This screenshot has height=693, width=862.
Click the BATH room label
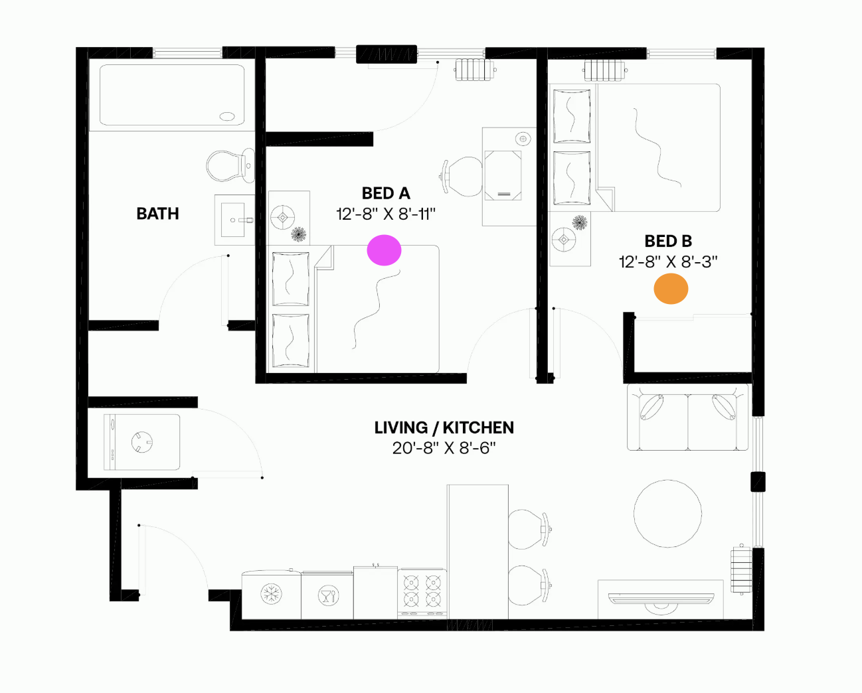[x=157, y=214]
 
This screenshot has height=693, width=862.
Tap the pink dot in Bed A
[x=384, y=250]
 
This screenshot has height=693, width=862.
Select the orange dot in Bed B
[x=671, y=289]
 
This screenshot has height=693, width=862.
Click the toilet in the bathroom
[x=230, y=165]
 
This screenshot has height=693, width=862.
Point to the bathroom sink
[x=233, y=220]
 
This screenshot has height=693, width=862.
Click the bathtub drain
[x=227, y=117]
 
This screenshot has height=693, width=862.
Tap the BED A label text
[x=386, y=193]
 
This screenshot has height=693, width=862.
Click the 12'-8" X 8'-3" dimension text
[x=668, y=262]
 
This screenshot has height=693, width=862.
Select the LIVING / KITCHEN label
[x=444, y=427]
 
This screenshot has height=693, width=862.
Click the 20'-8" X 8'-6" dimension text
[x=444, y=448]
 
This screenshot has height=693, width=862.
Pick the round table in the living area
[x=667, y=514]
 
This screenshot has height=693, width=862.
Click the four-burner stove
[x=422, y=593]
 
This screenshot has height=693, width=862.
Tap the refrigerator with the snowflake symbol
[x=271, y=594]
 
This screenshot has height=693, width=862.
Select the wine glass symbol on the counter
[x=329, y=595]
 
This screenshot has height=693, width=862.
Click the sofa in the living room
[x=688, y=417]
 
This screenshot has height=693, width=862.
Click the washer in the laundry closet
[x=142, y=442]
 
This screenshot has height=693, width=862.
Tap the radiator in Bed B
[x=605, y=70]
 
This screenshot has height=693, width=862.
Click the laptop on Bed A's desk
[x=503, y=175]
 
